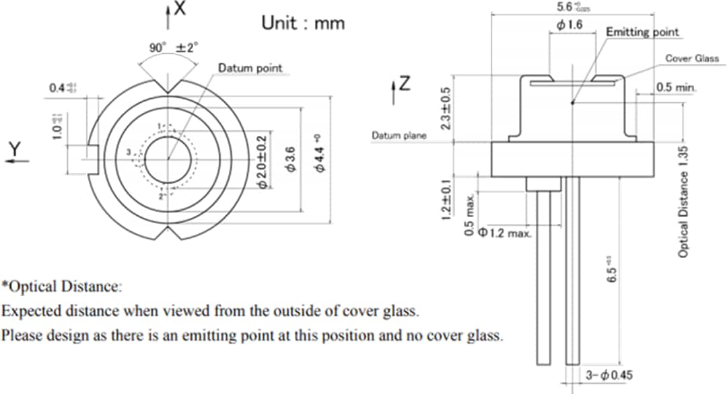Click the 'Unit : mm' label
(302, 23)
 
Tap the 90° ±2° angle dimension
(174, 48)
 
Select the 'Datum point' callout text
(250, 68)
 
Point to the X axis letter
(180, 9)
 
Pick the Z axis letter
(405, 84)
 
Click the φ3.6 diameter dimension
(291, 158)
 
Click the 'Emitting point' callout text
(642, 32)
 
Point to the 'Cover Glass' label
(692, 58)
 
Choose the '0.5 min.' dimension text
(676, 88)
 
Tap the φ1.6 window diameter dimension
(569, 25)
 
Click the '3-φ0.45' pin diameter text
(608, 375)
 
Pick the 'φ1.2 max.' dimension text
(505, 233)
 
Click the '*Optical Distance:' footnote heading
(61, 287)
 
